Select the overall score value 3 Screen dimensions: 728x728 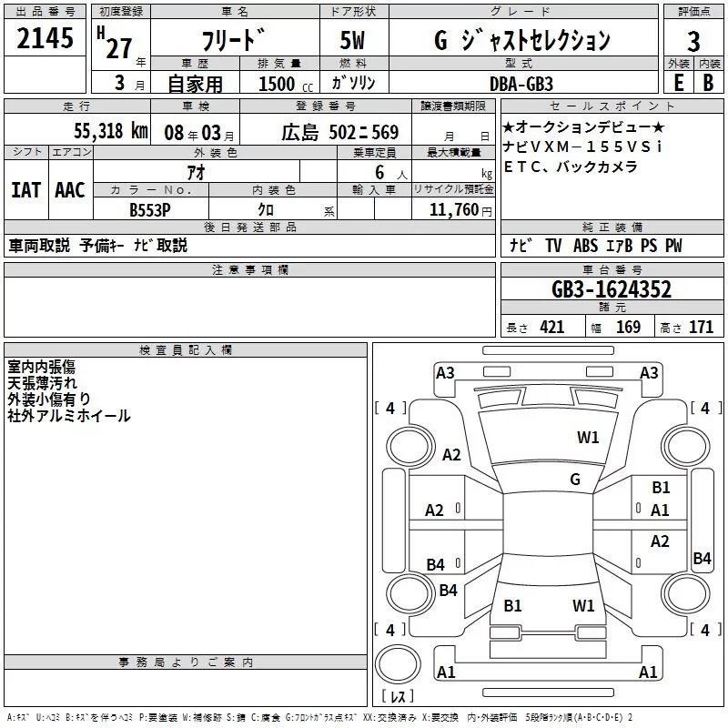click(693, 41)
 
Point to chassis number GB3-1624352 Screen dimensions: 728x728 click(612, 289)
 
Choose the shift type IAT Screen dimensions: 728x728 click(25, 190)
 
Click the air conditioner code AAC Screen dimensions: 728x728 click(70, 190)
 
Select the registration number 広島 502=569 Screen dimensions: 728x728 click(340, 132)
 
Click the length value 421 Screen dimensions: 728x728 click(551, 328)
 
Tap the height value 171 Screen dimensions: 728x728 click(701, 328)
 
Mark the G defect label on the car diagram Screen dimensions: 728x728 click(575, 479)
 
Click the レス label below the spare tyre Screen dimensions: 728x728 click(397, 697)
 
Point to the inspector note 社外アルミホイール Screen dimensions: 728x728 click(69, 416)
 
